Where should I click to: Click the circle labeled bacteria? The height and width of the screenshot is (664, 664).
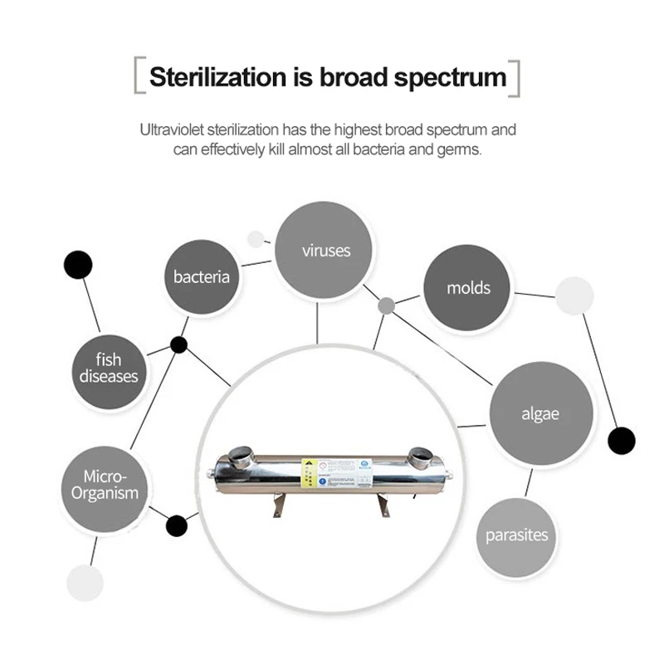tap(202, 276)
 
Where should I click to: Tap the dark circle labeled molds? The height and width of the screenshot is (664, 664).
tap(467, 287)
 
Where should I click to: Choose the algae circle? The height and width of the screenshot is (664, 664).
tap(540, 413)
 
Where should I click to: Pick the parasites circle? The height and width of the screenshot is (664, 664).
tap(516, 535)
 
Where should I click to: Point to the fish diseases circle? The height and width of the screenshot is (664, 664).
tap(108, 368)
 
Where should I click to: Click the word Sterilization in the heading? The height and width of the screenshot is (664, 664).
tap(214, 76)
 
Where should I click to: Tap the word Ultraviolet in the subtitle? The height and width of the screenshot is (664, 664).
tap(172, 129)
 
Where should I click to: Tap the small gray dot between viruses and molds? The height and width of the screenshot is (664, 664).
tap(386, 305)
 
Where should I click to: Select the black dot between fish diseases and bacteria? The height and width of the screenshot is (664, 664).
tap(178, 344)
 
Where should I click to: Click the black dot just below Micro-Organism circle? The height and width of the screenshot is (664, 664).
tap(177, 525)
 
